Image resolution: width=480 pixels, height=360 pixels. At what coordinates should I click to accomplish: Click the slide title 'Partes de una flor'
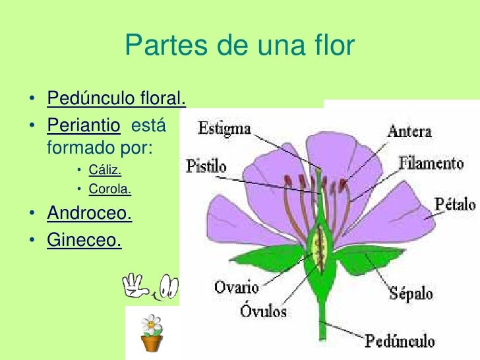[239, 46]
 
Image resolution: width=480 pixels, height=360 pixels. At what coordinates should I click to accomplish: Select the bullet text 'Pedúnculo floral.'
[116, 100]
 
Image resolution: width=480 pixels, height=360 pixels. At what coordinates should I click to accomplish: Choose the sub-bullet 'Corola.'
[110, 190]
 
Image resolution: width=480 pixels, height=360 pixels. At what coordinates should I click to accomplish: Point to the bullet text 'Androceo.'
[89, 214]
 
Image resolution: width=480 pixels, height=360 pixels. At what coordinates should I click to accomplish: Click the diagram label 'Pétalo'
[454, 204]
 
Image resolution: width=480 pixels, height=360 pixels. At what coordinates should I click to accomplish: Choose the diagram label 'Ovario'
[236, 287]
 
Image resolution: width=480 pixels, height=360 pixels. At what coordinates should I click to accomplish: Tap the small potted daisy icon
[152, 333]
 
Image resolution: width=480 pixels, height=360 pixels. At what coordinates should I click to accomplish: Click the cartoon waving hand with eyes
[150, 285]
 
